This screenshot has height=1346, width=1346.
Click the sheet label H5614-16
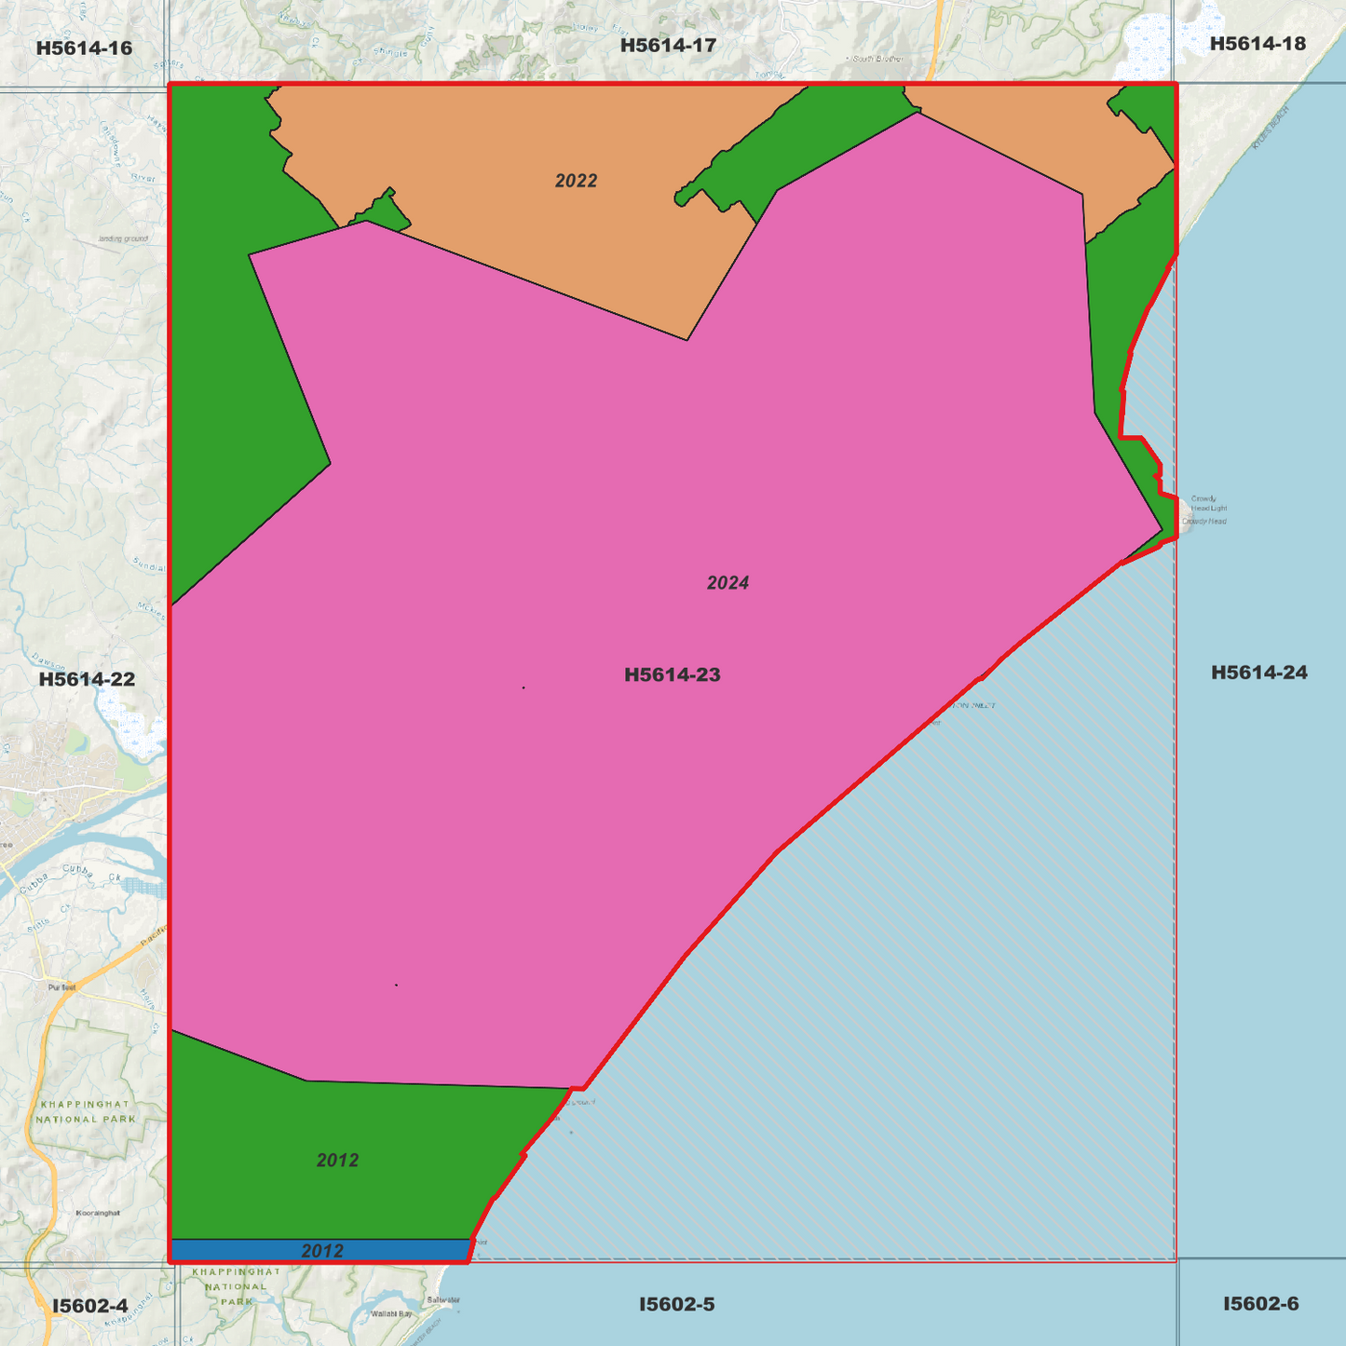coord(84,48)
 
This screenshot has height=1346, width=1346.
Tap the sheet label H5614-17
coord(668,45)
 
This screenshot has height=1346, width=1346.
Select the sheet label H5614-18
coord(1258,44)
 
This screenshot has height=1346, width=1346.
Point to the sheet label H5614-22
coord(87,679)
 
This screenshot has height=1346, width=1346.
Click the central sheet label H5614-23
coord(672,674)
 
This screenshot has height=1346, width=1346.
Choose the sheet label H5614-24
coord(1258,673)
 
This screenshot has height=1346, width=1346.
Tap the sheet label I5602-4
coord(89,1306)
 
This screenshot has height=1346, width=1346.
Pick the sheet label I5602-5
coord(676,1304)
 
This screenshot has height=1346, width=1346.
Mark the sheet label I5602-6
coord(1260,1304)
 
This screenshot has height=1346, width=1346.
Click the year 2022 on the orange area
coord(576,181)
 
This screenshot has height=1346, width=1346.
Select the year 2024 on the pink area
coord(727,583)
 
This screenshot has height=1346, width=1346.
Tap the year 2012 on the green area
coord(337,1161)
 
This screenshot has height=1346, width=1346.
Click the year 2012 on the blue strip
coord(322,1251)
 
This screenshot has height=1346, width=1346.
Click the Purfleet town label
coord(62,986)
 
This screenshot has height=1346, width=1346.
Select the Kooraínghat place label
coord(98,1213)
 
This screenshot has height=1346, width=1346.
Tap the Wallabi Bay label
coord(391,1313)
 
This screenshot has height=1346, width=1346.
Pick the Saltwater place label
coord(442,1300)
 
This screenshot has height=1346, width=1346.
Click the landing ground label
coord(123,239)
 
